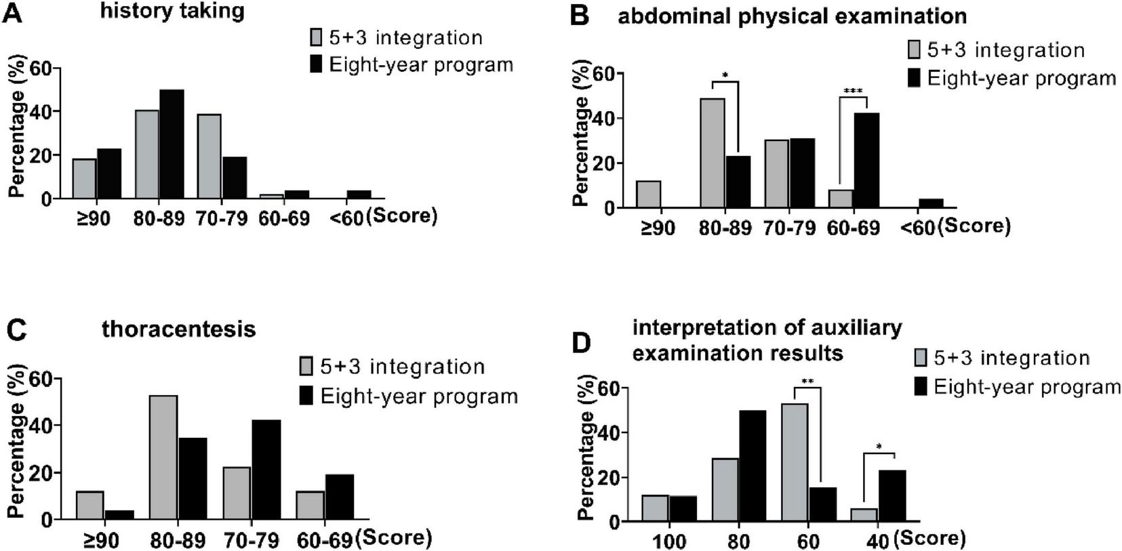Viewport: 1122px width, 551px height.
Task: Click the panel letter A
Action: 12,13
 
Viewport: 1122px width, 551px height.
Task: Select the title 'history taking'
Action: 172,11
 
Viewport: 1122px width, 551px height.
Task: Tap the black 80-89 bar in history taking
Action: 172,144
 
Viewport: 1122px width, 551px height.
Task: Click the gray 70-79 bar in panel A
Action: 209,156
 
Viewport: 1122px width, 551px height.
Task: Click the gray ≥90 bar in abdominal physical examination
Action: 649,194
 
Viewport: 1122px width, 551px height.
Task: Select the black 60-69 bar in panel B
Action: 866,160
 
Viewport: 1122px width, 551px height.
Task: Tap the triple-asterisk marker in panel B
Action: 853,91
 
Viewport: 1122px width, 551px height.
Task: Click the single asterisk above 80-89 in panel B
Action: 725,75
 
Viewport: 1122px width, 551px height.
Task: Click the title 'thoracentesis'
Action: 179,329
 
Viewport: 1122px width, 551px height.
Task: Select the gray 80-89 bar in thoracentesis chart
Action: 163,457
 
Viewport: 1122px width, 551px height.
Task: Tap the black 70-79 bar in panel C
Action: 266,469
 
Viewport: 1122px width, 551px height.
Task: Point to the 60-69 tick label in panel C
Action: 325,540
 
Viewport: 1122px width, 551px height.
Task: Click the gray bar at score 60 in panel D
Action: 795,462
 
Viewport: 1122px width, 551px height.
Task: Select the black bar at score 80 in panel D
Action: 753,466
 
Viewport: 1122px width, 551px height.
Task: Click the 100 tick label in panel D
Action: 669,542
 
